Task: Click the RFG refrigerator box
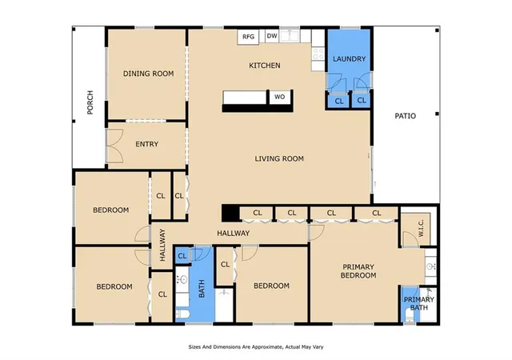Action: pyautogui.click(x=248, y=37)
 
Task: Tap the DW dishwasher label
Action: pyautogui.click(x=272, y=36)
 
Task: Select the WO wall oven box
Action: pyautogui.click(x=279, y=97)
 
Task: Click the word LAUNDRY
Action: pyautogui.click(x=349, y=59)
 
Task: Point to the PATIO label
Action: pyautogui.click(x=406, y=116)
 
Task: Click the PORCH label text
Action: pyautogui.click(x=90, y=102)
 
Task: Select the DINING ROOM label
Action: pyautogui.click(x=148, y=74)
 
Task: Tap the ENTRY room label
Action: pyautogui.click(x=147, y=144)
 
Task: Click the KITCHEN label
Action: pyautogui.click(x=265, y=66)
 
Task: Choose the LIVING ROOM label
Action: pyautogui.click(x=279, y=158)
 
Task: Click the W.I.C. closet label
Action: pyautogui.click(x=421, y=228)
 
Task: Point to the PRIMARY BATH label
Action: pyautogui.click(x=419, y=303)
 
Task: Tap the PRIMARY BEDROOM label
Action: pyautogui.click(x=358, y=271)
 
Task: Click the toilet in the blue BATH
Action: pyautogui.click(x=183, y=314)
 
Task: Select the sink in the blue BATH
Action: pyautogui.click(x=182, y=280)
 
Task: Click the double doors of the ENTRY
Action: pyautogui.click(x=115, y=146)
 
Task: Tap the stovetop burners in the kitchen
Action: pyautogui.click(x=318, y=54)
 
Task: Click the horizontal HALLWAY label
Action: pyautogui.click(x=233, y=234)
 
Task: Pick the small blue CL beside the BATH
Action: pyautogui.click(x=182, y=256)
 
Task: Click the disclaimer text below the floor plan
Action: pyautogui.click(x=256, y=347)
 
